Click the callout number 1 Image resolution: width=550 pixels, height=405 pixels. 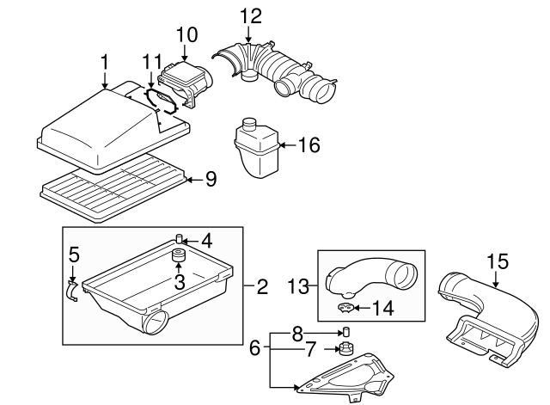click(104, 63)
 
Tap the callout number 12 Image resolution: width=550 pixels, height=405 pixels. click(248, 15)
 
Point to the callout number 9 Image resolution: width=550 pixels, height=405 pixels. click(211, 180)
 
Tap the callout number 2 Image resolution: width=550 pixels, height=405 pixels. click(262, 286)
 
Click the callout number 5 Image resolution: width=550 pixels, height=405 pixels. click(74, 255)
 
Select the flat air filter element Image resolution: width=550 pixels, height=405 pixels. click(112, 185)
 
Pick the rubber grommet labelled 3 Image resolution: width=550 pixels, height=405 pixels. click(180, 257)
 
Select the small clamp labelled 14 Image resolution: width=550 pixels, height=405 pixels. click(345, 306)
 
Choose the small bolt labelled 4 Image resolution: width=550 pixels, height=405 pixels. click(180, 239)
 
